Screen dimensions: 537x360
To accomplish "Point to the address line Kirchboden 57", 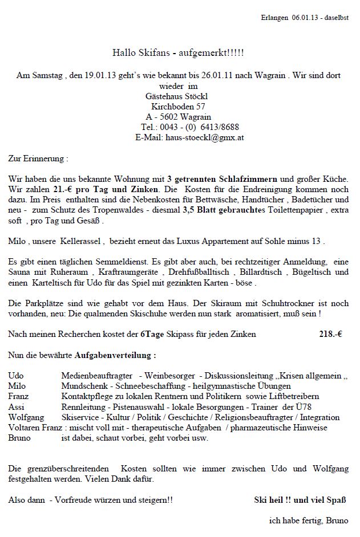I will click(x=179, y=106).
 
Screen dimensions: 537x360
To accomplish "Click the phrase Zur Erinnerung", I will click(x=38, y=158).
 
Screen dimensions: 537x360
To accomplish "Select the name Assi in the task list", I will click(x=17, y=406).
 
